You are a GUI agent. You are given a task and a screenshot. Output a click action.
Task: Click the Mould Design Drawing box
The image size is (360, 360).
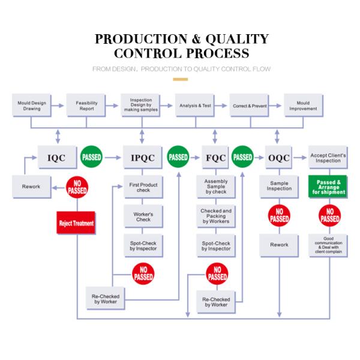(x=31, y=106)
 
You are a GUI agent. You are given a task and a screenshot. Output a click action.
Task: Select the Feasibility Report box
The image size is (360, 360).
(x=86, y=106)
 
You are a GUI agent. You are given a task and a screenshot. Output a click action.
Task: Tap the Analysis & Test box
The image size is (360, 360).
(x=196, y=106)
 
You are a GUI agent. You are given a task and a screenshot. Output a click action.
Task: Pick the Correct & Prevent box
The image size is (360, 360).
(x=249, y=106)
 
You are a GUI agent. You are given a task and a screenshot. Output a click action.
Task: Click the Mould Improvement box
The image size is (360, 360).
(x=303, y=106)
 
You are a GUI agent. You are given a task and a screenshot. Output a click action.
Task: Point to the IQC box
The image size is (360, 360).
(x=57, y=158)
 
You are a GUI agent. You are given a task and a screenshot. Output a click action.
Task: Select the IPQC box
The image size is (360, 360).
(x=142, y=158)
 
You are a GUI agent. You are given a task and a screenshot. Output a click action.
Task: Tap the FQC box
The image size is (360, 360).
(x=215, y=158)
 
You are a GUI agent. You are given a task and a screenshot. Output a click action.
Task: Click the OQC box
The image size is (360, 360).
(x=279, y=158)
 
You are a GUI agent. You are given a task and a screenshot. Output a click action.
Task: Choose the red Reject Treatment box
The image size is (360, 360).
(x=76, y=223)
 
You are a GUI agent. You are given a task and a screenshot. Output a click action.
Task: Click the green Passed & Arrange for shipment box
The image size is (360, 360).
(x=328, y=186)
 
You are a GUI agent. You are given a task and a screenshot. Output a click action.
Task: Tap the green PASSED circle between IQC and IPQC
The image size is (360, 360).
(x=91, y=157)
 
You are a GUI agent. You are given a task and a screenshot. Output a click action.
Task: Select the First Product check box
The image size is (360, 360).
(x=143, y=188)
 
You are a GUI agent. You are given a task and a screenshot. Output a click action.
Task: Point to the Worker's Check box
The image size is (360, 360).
(x=143, y=217)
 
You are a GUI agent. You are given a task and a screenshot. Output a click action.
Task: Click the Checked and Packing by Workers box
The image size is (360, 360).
(x=216, y=217)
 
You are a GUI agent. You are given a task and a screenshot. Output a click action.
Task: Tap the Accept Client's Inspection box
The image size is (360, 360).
(x=328, y=158)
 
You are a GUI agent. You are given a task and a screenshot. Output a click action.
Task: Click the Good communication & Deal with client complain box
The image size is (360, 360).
(x=328, y=245)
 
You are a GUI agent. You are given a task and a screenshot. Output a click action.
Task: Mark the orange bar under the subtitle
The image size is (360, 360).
(x=180, y=79)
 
